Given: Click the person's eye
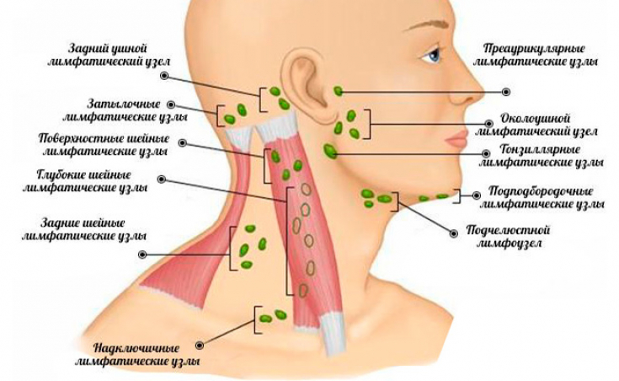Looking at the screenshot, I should click(432, 56).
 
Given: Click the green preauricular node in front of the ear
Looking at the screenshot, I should click(338, 91).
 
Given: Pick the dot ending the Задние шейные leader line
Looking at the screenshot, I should click(142, 253).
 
